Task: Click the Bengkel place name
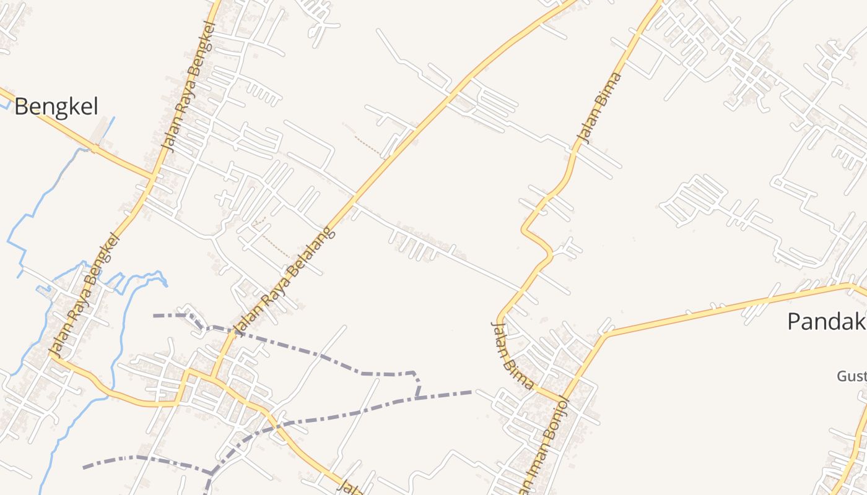[56, 106]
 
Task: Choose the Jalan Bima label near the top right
[598, 107]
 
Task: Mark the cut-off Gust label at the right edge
[852, 376]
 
